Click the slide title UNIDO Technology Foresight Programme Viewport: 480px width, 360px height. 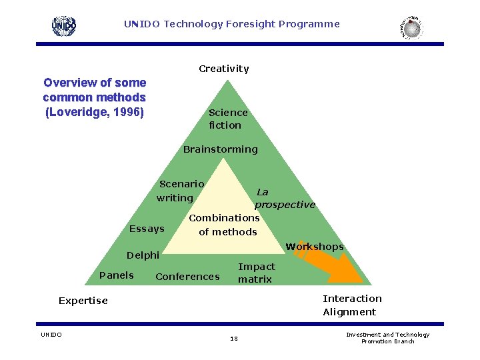pos(231,24)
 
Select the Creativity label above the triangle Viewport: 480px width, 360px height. pos(224,69)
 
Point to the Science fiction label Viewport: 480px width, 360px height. pos(227,119)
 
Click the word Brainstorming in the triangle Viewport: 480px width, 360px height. pos(220,149)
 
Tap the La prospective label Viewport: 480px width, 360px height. pos(285,198)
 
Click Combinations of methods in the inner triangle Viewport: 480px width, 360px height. pos(224,225)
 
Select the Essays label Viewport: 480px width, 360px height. pos(147,229)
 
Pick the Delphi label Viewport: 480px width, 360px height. pos(143,255)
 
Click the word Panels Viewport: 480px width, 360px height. pos(116,275)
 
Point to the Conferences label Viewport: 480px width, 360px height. pos(187,277)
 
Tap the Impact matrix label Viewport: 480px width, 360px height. pos(256,273)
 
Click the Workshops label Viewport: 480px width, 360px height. pos(314,247)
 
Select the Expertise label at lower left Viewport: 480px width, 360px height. pos(83,301)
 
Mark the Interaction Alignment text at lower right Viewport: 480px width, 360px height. pos(352,305)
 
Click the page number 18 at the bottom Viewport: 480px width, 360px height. pos(233,339)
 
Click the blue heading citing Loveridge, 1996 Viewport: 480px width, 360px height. pos(94,97)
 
